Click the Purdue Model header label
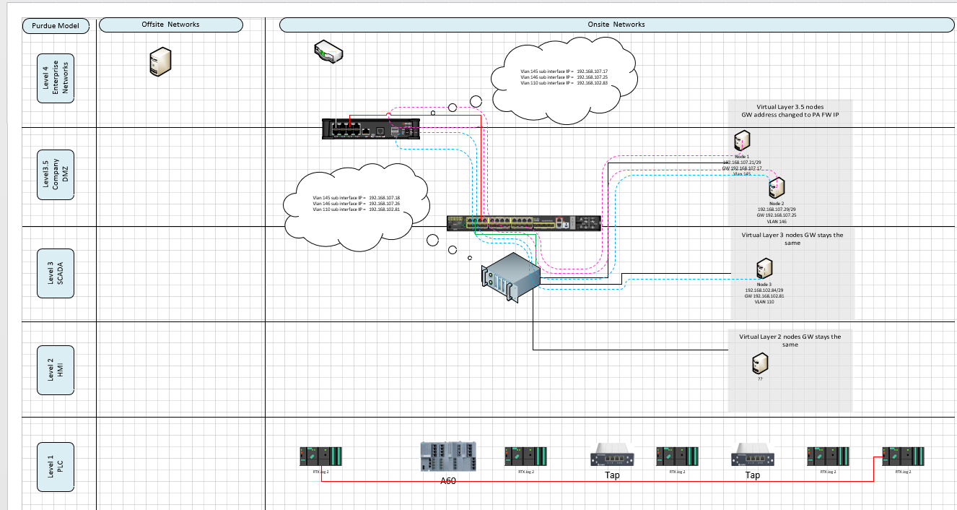60,27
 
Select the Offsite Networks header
170,25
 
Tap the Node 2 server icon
776,189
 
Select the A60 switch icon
448,457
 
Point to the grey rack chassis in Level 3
512,277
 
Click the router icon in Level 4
328,52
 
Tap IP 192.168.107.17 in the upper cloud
592,72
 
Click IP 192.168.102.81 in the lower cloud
384,209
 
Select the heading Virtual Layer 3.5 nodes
792,106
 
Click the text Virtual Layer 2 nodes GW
790,337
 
